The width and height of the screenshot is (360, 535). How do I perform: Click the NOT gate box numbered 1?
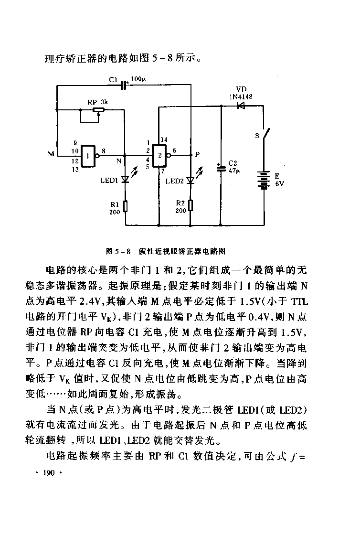point(89,156)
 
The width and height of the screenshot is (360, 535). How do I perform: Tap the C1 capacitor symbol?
point(124,85)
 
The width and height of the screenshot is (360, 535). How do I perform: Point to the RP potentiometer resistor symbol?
point(98,110)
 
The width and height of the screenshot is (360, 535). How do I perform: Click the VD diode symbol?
point(241,107)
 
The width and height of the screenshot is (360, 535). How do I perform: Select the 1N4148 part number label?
point(241,96)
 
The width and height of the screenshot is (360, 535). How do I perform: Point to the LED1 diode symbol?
point(125,180)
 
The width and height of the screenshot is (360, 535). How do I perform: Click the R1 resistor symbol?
point(125,206)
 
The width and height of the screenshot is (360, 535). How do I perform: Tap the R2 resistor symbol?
point(191,206)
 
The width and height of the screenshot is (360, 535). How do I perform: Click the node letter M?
point(51,154)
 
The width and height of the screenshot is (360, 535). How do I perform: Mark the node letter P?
point(197,154)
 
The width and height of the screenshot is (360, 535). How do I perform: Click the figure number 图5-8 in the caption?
point(118,250)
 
